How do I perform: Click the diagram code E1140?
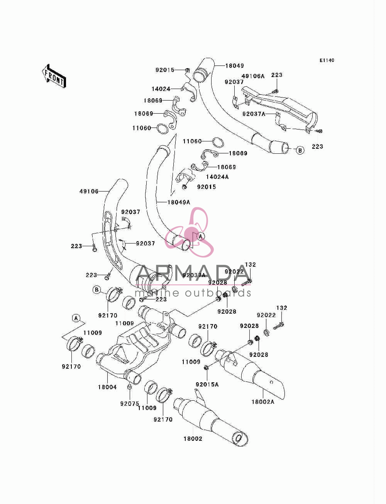tap(327, 60)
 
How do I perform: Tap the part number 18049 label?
tap(234, 66)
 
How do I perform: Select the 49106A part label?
tap(253, 76)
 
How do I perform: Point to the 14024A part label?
tap(217, 177)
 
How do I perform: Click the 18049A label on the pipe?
tap(179, 202)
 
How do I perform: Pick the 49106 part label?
tap(89, 191)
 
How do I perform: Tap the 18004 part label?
tap(107, 387)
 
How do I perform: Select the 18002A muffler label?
tap(263, 402)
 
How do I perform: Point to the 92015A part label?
tap(207, 385)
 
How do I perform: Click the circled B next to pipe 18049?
tap(300, 150)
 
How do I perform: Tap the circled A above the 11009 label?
tap(76, 318)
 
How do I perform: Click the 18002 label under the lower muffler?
tap(193, 439)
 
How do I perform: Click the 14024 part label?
tap(161, 89)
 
